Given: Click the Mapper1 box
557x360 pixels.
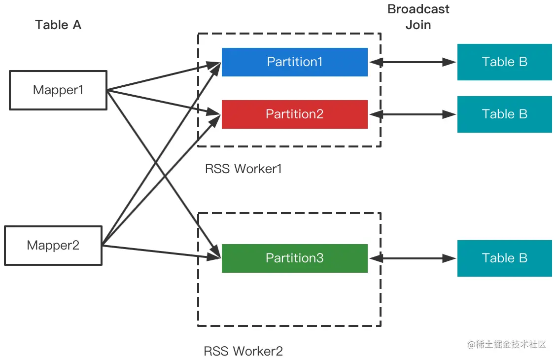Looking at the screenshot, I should [x=58, y=90].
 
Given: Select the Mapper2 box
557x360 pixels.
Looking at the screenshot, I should [x=53, y=246].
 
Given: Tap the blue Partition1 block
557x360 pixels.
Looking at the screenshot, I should [x=295, y=62].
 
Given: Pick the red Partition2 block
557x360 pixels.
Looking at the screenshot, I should [x=295, y=114].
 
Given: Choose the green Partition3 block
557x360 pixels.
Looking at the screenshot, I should [x=295, y=258].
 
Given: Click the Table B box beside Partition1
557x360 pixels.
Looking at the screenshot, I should [x=504, y=62].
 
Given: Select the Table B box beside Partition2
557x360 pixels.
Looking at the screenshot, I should [x=504, y=114].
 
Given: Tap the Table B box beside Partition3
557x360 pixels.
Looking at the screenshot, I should [x=504, y=258].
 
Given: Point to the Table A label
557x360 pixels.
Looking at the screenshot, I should [x=58, y=25].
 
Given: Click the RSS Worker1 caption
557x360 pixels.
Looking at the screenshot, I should [x=244, y=169].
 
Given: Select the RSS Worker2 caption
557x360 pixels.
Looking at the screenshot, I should [x=244, y=351].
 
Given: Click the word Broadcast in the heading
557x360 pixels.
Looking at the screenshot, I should [x=418, y=9].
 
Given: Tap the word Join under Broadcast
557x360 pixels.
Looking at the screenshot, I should [x=418, y=25].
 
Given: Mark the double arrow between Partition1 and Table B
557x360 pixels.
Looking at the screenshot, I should [x=413, y=62].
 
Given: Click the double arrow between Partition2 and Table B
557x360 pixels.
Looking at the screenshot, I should [x=413, y=114].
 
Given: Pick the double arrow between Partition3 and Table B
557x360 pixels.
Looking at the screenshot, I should [x=413, y=258].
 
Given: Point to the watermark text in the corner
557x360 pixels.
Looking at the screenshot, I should [x=507, y=344].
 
